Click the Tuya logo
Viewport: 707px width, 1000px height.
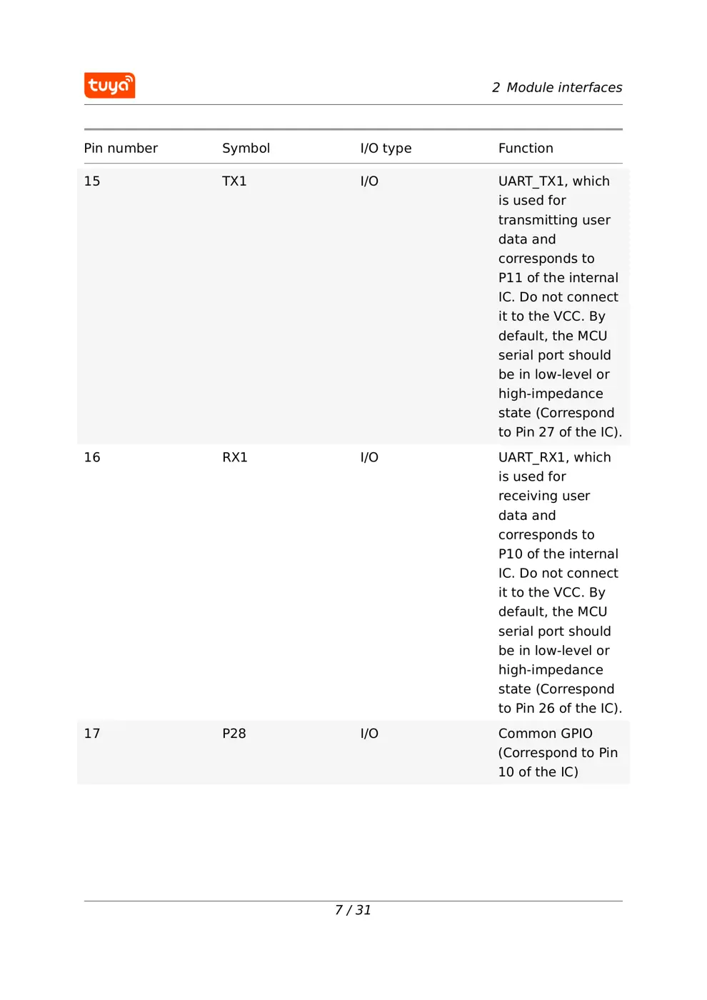tap(109, 85)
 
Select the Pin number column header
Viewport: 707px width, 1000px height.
tap(121, 149)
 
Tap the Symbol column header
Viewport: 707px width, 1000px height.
tap(246, 149)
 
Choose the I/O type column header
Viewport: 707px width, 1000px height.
tap(386, 149)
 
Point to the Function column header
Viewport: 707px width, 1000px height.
tap(526, 149)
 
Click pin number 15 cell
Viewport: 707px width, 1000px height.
tap(92, 181)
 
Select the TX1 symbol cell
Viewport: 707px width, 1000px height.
tap(234, 181)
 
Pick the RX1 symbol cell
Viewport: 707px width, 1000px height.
tap(234, 458)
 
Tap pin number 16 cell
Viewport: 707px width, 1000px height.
tap(92, 458)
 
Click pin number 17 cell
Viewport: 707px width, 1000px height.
tap(92, 734)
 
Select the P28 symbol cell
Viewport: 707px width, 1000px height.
tap(234, 734)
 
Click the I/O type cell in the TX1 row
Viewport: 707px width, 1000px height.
tap(369, 181)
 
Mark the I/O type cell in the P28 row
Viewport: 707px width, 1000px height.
tap(369, 734)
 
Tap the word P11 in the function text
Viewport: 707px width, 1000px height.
tap(510, 278)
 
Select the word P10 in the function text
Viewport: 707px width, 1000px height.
tap(510, 554)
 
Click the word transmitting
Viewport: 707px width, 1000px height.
tap(538, 220)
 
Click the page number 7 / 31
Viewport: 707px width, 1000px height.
tap(353, 910)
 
